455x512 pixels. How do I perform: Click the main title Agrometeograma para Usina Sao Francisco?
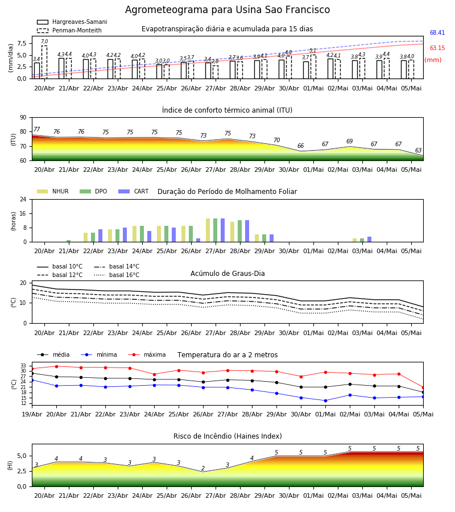pos(227,10)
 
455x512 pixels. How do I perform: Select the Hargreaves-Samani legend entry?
pos(72,22)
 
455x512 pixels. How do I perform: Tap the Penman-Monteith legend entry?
pos(69,30)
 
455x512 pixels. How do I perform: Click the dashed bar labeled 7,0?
pos(44,62)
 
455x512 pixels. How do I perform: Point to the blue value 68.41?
pos(437,32)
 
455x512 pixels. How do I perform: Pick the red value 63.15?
pos(437,48)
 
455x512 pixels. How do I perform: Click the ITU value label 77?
pos(36,129)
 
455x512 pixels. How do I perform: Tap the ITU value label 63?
pos(418,150)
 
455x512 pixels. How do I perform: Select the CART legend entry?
pos(134,191)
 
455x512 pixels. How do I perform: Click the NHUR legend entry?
pos(53,191)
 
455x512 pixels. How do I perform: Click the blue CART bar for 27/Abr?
pos(222,230)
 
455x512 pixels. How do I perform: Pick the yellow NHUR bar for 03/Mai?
pos(354,240)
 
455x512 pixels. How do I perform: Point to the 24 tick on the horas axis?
pos(23,199)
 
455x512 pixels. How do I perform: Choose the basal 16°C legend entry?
pos(117,275)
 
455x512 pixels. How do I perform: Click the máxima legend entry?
pos(147,354)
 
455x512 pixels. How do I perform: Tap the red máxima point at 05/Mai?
pos(423,387)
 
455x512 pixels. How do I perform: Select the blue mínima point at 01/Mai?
pos(325,400)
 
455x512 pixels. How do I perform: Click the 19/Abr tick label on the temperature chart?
pos(32,414)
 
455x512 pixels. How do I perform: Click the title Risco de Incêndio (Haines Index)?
pos(227,436)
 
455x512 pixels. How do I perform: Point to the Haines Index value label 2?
pos(203,468)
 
